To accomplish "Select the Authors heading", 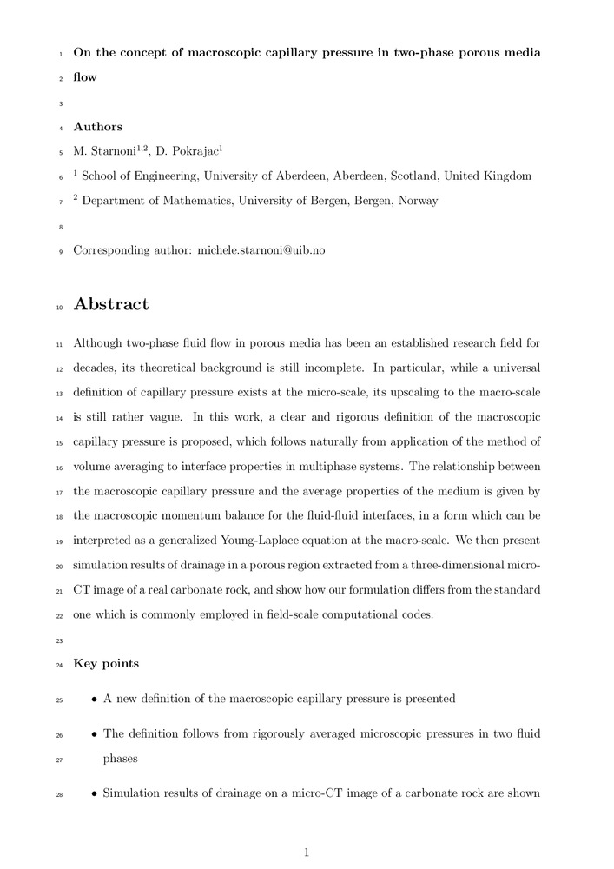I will click(x=97, y=127).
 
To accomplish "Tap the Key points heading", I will click(x=105, y=664).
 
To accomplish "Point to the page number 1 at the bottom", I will click(x=307, y=852).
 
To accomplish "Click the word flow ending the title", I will click(x=85, y=77).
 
